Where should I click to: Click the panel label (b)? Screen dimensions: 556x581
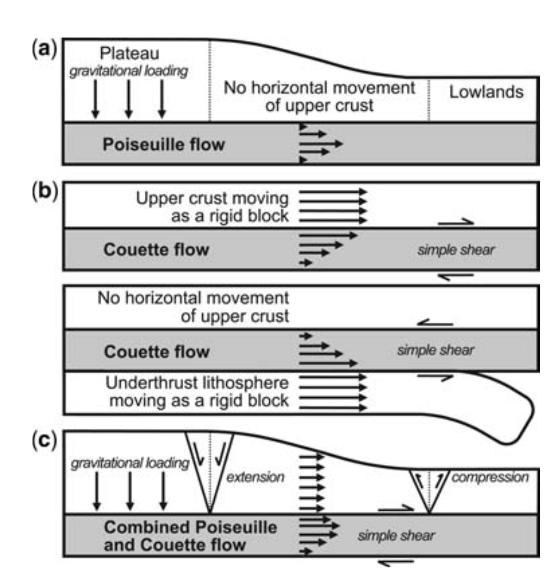pyautogui.click(x=45, y=192)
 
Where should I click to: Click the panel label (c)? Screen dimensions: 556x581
pyautogui.click(x=45, y=440)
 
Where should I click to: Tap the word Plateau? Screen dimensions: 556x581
pyautogui.click(x=130, y=54)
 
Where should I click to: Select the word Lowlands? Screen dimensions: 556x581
pyautogui.click(x=486, y=92)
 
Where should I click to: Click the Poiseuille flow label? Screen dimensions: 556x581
pyautogui.click(x=163, y=144)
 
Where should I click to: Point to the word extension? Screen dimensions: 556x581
pyautogui.click(x=255, y=477)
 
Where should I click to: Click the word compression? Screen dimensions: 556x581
pyautogui.click(x=490, y=478)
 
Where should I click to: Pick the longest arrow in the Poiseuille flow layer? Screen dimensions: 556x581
pyautogui.click(x=321, y=143)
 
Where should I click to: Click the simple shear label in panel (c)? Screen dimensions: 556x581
pyautogui.click(x=396, y=536)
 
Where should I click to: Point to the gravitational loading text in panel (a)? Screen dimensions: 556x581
pyautogui.click(x=129, y=71)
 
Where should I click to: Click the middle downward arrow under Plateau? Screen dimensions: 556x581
pyautogui.click(x=129, y=99)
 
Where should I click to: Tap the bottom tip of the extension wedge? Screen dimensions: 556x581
pyautogui.click(x=210, y=514)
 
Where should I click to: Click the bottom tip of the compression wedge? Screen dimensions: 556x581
pyautogui.click(x=429, y=514)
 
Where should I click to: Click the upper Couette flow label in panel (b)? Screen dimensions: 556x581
pyautogui.click(x=156, y=250)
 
